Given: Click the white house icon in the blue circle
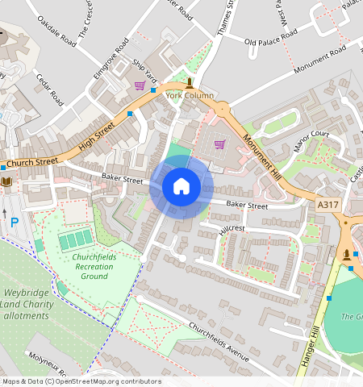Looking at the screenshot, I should tap(181, 187).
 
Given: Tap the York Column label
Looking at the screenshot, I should tap(190, 95).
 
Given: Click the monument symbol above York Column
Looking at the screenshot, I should tap(190, 82).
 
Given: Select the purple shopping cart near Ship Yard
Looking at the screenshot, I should tap(140, 85).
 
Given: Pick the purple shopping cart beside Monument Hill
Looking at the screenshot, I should tap(219, 145).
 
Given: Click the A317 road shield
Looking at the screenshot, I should tap(328, 206).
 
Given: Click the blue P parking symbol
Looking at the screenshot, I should tap(14, 221).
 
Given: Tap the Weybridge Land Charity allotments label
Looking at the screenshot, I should tap(35, 308).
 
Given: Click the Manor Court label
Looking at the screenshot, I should tap(312, 139).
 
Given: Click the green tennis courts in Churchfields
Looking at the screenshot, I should tap(75, 239).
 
